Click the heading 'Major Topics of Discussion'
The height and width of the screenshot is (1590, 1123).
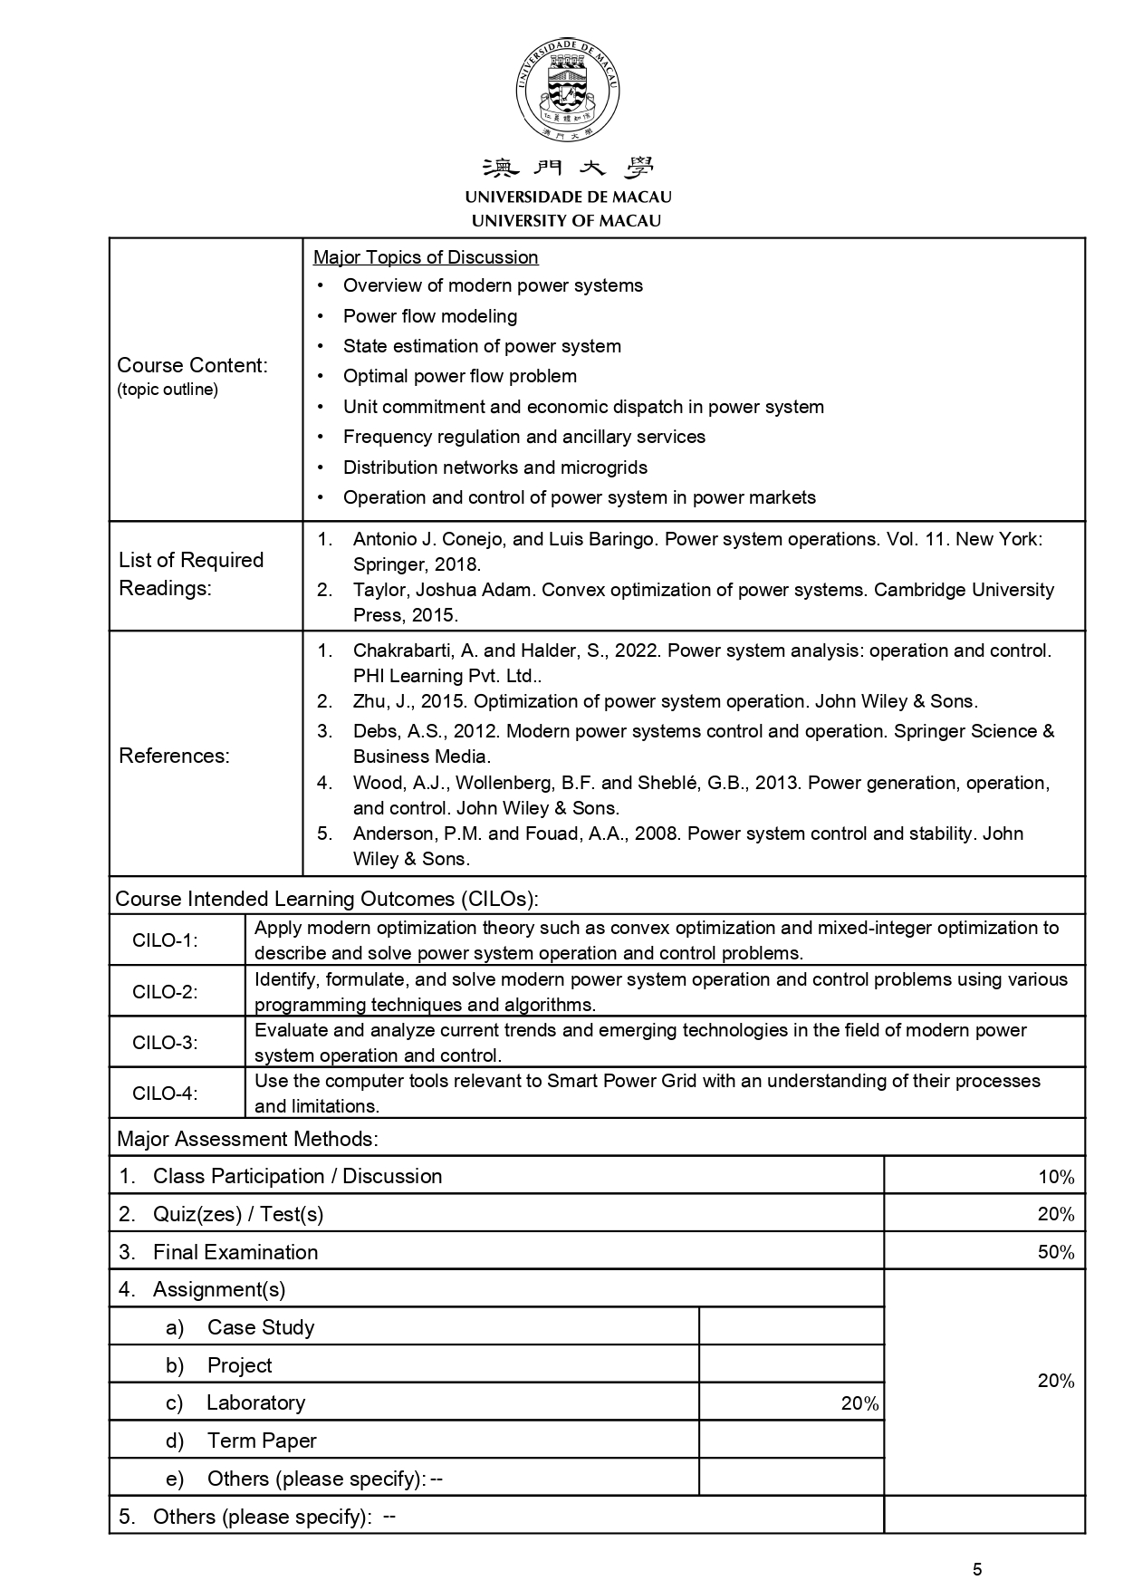coord(426,257)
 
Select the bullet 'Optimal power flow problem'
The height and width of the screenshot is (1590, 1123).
coord(459,376)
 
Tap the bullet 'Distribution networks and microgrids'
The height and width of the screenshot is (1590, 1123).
coord(494,467)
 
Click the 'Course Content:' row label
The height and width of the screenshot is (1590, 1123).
coord(192,366)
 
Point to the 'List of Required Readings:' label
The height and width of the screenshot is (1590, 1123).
coord(191,573)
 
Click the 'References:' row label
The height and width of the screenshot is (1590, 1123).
coord(175,756)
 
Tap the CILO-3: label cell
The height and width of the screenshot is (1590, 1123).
coord(165,1042)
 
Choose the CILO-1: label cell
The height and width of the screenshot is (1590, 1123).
coord(165,940)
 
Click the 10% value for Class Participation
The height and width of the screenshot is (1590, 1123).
coord(1056,1177)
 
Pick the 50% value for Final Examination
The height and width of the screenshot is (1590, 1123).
coord(1056,1253)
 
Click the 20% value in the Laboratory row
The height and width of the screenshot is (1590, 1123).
coord(859,1403)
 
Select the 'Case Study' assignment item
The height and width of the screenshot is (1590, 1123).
coord(261,1327)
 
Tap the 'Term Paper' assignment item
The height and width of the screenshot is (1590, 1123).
coord(262,1441)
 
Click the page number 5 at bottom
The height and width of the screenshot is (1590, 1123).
coord(976,1570)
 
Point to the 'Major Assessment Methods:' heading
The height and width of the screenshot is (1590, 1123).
coord(247,1139)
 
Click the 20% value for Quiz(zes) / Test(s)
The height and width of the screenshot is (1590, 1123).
coord(1056,1215)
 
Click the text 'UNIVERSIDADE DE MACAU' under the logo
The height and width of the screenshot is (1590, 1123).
coord(568,197)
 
